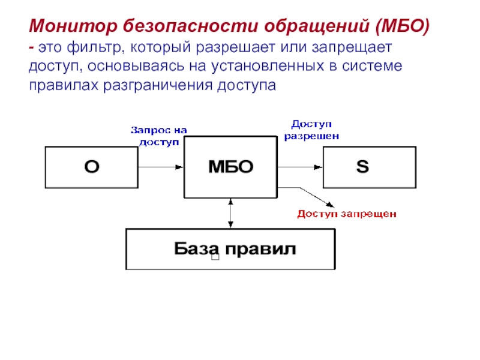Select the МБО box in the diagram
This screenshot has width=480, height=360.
click(230, 167)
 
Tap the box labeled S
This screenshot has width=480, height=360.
click(369, 167)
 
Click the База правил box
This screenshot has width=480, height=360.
click(230, 249)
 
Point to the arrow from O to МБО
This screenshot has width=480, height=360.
click(161, 167)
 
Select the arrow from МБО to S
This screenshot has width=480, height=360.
click(300, 167)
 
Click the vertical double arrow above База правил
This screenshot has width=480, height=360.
click(230, 212)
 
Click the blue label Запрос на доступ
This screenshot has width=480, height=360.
click(160, 136)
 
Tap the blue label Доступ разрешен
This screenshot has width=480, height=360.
click(311, 130)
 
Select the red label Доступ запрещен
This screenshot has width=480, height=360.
click(347, 214)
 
